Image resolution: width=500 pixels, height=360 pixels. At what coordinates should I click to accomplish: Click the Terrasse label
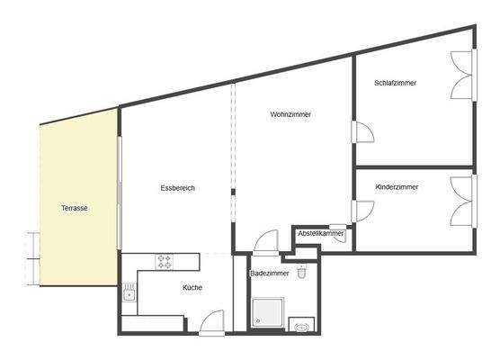[x=74, y=208]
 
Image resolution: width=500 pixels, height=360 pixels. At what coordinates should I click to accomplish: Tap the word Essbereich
[x=177, y=188]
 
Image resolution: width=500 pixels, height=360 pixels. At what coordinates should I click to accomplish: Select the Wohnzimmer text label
[x=290, y=114]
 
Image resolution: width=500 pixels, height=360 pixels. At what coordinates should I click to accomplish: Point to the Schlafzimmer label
[x=396, y=83]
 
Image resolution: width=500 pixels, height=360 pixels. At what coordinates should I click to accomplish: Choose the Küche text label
[x=192, y=288]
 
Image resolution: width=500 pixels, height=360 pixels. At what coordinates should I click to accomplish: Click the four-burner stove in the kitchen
[x=165, y=262]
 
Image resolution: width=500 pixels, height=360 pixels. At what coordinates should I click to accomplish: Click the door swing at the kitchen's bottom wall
[x=212, y=321]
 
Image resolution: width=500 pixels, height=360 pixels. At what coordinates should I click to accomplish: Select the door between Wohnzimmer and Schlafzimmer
[x=364, y=132]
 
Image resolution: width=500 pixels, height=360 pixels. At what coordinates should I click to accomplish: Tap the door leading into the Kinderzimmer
[x=362, y=211]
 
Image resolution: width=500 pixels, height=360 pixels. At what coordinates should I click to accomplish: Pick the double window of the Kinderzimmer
[x=461, y=200]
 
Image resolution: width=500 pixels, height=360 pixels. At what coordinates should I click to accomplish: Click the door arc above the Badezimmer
[x=265, y=243]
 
